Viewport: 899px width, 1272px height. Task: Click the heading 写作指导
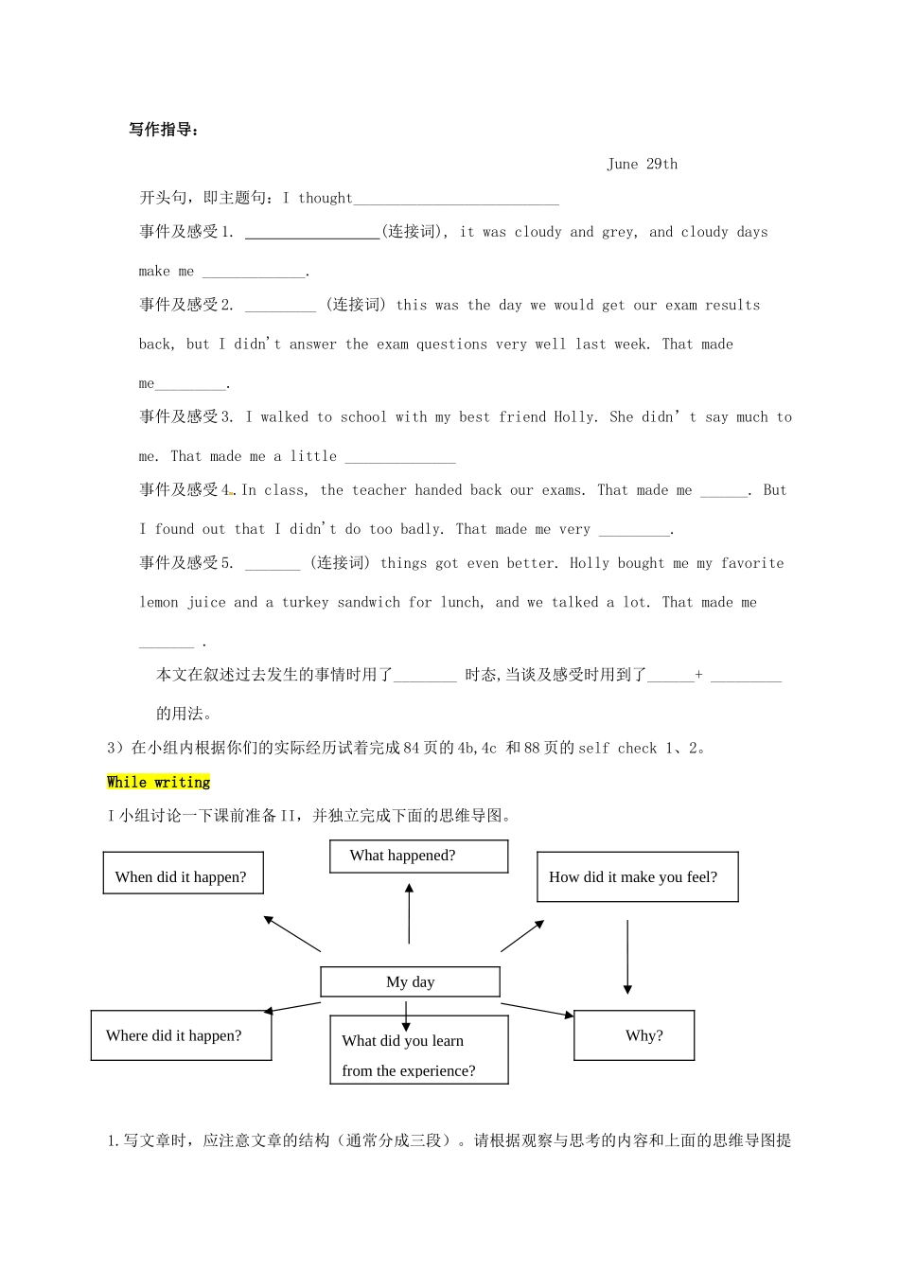tap(164, 130)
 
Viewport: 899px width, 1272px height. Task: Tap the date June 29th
tap(642, 164)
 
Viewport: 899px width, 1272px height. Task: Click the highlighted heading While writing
tap(158, 782)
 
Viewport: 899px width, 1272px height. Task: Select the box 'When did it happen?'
tap(183, 873)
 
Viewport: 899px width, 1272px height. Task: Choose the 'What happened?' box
tap(418, 857)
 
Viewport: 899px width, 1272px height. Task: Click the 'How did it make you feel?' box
tap(637, 876)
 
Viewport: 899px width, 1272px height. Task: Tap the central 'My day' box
tap(410, 981)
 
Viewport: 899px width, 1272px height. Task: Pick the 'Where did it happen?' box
tap(181, 1035)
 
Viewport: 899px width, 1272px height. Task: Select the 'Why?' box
tap(634, 1035)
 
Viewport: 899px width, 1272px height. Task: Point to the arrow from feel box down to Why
tap(627, 956)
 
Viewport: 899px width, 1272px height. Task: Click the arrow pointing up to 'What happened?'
tap(409, 912)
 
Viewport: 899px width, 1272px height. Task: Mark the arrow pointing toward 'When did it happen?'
tap(292, 933)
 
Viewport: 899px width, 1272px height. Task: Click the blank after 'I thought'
tap(456, 200)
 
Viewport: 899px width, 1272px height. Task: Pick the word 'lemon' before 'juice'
tap(158, 603)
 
